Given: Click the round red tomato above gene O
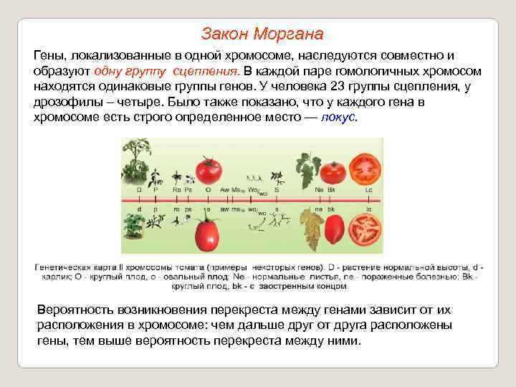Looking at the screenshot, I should click(208, 170).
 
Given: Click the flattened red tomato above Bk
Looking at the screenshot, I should click(333, 172).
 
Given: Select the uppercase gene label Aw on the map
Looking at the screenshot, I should click(226, 190).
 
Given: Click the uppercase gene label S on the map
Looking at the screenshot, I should click(276, 190).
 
